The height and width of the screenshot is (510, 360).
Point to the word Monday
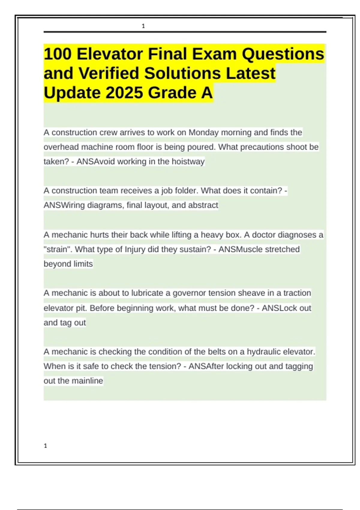pyautogui.click(x=203, y=132)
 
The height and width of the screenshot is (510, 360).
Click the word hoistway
pyautogui.click(x=188, y=161)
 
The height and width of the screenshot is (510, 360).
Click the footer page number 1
pyautogui.click(x=45, y=446)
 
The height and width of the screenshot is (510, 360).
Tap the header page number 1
pyautogui.click(x=143, y=26)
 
